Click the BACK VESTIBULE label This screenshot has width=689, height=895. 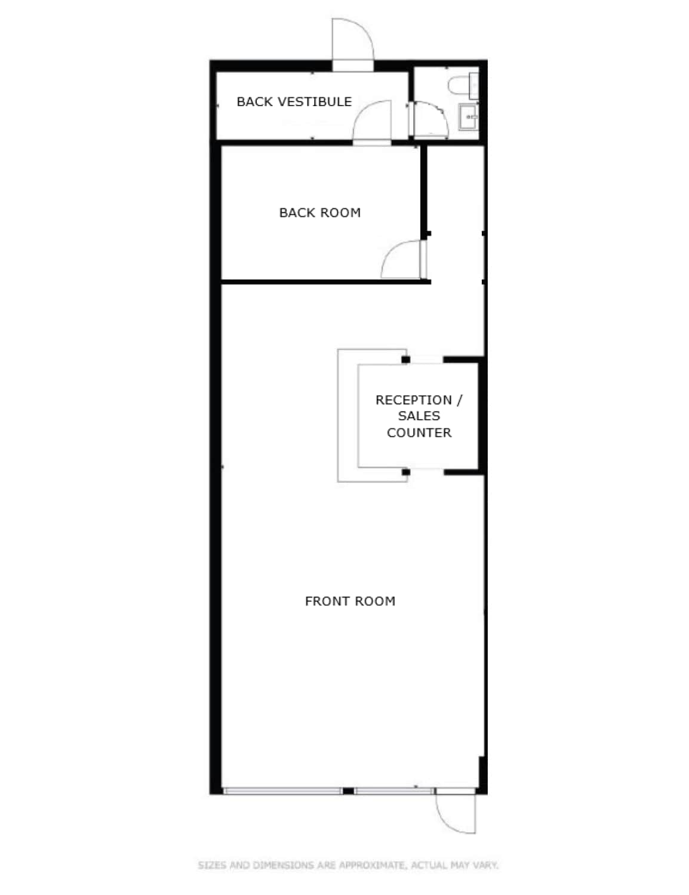294,101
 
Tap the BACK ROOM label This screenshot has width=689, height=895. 319,212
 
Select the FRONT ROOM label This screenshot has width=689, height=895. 350,601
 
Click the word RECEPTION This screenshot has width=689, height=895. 413,400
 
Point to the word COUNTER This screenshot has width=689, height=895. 419,433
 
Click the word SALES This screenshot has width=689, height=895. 419,416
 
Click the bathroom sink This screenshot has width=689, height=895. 467,116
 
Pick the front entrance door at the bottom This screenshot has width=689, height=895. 456,813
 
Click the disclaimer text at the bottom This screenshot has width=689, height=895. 347,865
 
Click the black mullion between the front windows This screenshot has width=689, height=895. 347,791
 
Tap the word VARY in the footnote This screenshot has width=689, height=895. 485,865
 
